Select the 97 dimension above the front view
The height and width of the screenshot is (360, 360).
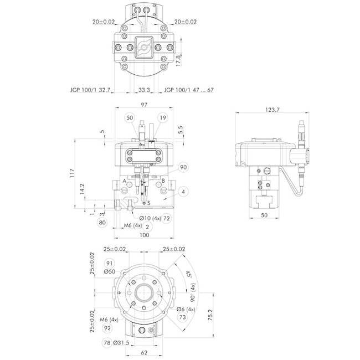point(144,105)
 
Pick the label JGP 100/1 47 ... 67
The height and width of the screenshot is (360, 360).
point(189,89)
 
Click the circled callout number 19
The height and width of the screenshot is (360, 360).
point(162,117)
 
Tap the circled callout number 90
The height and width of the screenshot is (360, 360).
point(183,167)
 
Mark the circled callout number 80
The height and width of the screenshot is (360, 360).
point(102,223)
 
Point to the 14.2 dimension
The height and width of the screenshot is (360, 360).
point(81,189)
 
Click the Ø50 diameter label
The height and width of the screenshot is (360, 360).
point(109,272)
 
